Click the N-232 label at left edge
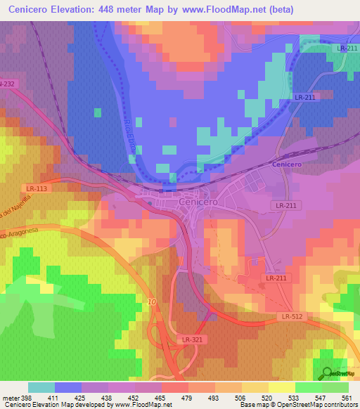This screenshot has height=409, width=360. [x=7, y=84]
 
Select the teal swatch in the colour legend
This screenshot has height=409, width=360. [x=41, y=387]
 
